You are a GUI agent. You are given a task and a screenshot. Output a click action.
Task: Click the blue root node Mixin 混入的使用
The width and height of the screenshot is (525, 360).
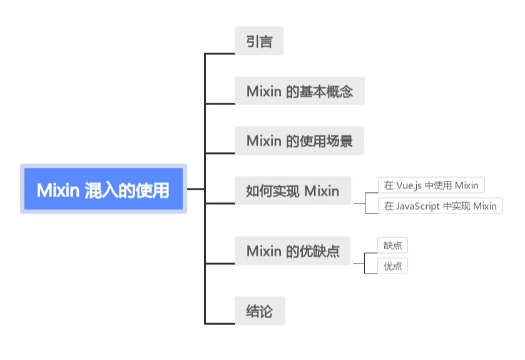click(103, 189)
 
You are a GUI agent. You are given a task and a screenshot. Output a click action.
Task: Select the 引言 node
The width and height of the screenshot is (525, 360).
click(259, 41)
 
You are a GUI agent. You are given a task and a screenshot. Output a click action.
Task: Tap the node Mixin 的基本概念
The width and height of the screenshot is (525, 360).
click(299, 91)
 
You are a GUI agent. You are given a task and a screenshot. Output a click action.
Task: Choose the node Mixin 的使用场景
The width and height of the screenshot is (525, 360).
click(299, 141)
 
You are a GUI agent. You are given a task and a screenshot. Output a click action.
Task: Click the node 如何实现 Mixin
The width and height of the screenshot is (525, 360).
click(292, 191)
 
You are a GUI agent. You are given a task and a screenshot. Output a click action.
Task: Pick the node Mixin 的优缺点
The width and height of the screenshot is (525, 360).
click(292, 252)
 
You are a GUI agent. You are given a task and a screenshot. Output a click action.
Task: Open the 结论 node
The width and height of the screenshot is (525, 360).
click(260, 311)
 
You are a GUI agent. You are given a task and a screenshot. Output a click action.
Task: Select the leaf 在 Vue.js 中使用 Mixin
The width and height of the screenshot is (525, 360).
click(431, 185)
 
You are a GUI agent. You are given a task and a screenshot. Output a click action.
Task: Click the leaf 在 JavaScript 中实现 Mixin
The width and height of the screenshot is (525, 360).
click(441, 206)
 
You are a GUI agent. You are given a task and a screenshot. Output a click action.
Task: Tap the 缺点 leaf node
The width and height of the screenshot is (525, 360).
click(393, 245)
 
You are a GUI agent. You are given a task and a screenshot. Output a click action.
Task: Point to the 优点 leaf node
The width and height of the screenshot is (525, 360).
click(393, 266)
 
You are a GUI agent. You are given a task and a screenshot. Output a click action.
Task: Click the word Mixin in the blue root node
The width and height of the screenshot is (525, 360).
click(58, 189)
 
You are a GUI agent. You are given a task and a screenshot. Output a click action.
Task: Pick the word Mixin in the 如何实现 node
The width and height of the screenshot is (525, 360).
click(322, 191)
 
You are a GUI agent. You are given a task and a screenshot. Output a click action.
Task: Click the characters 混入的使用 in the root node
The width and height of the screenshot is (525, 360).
click(128, 189)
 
